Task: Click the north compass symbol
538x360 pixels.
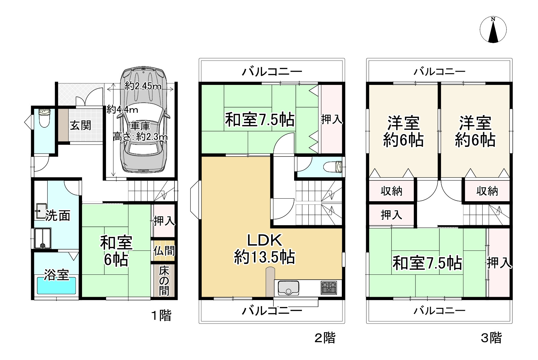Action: (493, 30)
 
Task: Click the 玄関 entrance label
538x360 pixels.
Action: (80, 125)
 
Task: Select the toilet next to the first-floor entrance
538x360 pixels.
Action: (44, 118)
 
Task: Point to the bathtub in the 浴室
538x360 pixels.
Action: (56, 285)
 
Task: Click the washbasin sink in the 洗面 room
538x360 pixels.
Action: (41, 211)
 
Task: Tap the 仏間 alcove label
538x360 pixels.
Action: (164, 251)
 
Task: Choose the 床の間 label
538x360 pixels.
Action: (164, 281)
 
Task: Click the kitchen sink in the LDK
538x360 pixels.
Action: (288, 288)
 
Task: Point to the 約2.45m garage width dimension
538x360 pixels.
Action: (143, 86)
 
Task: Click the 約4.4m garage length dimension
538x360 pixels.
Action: (122, 110)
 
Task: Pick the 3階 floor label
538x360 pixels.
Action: (491, 338)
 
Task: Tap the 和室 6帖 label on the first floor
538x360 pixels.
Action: (116, 251)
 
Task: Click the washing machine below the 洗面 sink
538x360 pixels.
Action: (42, 238)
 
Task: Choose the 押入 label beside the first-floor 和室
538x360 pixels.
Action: (164, 221)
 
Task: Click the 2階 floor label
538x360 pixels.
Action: (325, 338)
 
